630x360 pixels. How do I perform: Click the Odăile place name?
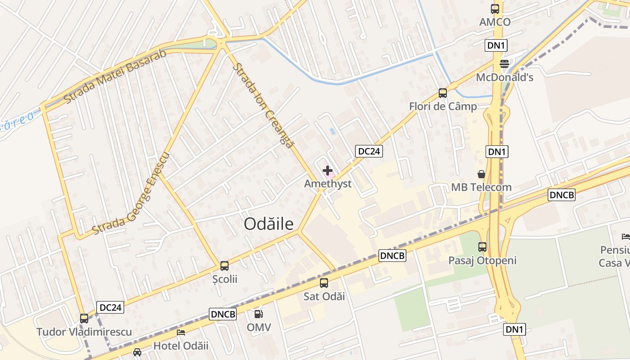click(269, 224)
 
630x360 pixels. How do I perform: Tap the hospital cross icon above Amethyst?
click(328, 171)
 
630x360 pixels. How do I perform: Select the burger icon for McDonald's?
click(504, 64)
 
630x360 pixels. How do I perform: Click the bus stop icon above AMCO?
click(495, 9)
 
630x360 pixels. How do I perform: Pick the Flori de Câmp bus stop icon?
click(443, 93)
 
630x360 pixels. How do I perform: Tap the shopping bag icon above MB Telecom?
click(481, 174)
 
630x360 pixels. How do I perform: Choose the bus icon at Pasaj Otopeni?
click(482, 247)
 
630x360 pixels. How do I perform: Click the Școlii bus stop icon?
click(225, 266)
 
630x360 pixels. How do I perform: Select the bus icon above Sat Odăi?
click(324, 283)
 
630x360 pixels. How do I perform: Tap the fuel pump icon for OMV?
click(258, 314)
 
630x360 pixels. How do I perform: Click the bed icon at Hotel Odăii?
click(181, 333)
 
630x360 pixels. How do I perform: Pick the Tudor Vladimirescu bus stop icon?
click(84, 319)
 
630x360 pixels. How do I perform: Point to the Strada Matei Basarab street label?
click(115, 76)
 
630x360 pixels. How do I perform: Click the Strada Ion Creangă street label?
click(263, 106)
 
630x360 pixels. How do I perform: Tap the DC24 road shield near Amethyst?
click(369, 151)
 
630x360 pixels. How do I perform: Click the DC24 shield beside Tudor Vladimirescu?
click(110, 308)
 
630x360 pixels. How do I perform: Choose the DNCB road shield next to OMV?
click(223, 314)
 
